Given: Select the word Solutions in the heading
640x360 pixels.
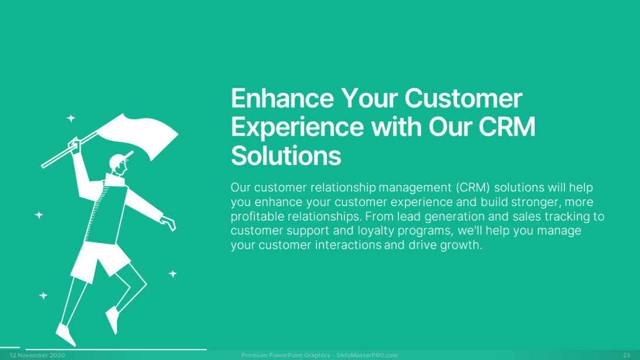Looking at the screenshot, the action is point(285,156).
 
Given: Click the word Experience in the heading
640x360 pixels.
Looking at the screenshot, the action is point(297,128).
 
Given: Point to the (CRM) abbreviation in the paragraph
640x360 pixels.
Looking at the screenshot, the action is point(473,187).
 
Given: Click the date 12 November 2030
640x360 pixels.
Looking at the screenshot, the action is point(37,355).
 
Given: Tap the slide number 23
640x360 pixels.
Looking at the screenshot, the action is point(627,355).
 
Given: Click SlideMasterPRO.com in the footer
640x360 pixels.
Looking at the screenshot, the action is point(367,355).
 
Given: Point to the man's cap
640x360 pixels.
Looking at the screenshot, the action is point(120,159).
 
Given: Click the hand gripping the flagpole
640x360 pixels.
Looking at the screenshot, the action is point(75,145).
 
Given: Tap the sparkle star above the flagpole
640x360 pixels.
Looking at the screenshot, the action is point(71,118).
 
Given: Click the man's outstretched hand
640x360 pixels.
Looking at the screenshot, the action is point(168,223).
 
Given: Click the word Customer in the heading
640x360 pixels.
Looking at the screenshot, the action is point(463,98).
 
